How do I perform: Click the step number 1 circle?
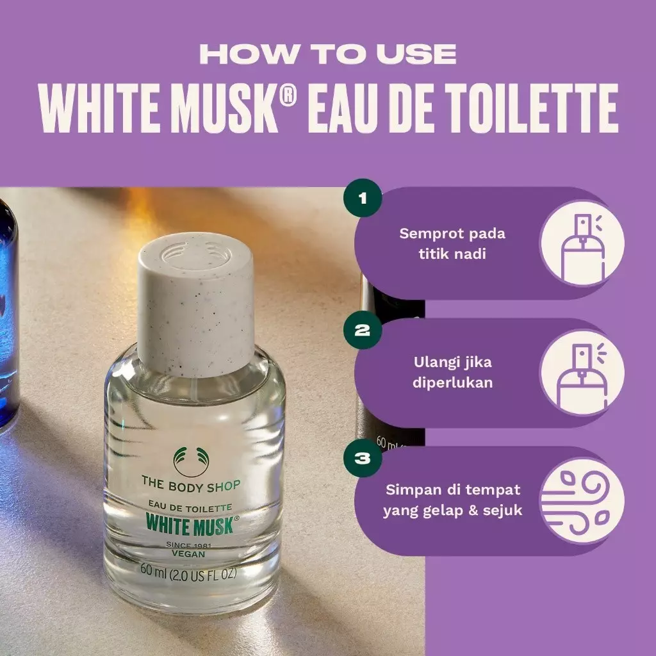pos(363,198)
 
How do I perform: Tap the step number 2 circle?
pos(363,330)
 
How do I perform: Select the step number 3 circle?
pos(363,458)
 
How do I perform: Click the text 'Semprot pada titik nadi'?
pos(452,243)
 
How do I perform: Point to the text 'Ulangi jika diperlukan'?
pos(452,373)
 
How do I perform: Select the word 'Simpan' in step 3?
pos(413,490)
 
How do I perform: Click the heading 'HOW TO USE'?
pos(328,54)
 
